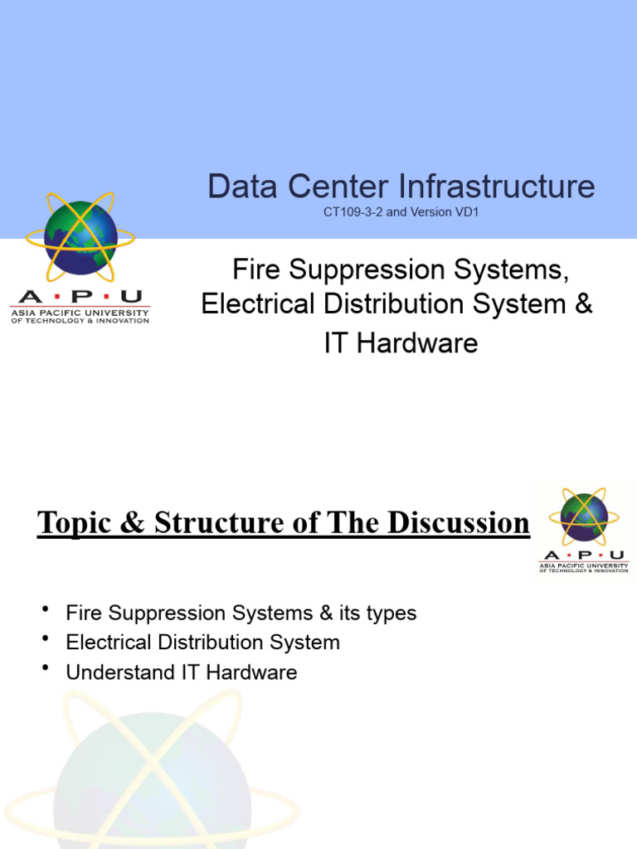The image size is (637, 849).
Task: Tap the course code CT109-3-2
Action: [353, 212]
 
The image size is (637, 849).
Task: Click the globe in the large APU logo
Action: [80, 236]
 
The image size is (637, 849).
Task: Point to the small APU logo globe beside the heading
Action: [584, 517]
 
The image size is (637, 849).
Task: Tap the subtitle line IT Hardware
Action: [401, 343]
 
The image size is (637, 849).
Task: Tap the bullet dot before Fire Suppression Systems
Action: [45, 611]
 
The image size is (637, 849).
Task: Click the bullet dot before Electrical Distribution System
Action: [45, 640]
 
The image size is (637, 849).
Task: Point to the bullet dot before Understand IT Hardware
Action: [45, 669]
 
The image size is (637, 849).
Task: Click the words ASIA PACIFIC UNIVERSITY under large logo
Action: [80, 313]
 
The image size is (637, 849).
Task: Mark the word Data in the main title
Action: [241, 187]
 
